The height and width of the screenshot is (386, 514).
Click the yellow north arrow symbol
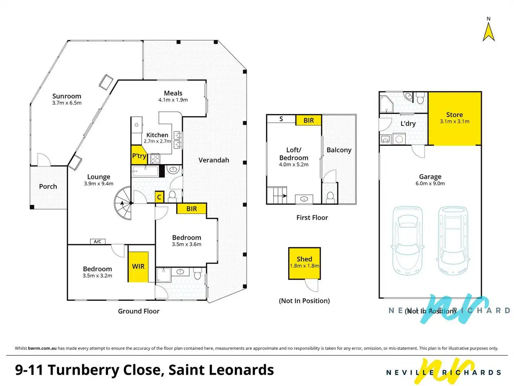(489, 32)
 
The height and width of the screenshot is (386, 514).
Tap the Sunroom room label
(67, 96)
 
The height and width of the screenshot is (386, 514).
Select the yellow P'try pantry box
(139, 156)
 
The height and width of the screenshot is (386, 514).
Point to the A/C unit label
(97, 241)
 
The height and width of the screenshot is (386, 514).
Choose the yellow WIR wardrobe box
(138, 266)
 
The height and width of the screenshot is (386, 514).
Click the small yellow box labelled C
(159, 197)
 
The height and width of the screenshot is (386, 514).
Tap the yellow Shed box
(304, 263)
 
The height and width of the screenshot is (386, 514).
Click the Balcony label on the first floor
(339, 150)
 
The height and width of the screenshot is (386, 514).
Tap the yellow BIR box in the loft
(308, 120)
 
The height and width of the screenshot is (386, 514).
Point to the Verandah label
(214, 160)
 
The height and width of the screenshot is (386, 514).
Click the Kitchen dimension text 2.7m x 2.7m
(157, 141)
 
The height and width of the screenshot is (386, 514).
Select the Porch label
(48, 186)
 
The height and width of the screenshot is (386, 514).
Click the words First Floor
(312, 217)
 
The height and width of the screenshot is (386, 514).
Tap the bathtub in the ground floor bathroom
(146, 172)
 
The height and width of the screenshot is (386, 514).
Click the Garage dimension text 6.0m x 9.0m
(430, 183)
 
